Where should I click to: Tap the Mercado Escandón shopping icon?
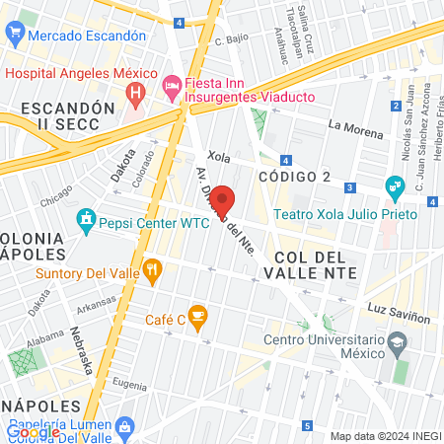[15, 35]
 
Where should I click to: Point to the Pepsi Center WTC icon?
[86, 218]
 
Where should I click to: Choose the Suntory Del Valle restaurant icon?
[152, 267]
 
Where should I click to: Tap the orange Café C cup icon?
[197, 318]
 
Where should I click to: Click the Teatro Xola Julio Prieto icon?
[395, 185]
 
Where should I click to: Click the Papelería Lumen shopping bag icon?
[124, 425]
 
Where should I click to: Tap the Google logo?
[34, 431]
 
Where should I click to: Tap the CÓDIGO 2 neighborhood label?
[294, 176]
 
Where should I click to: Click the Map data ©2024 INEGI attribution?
[385, 436]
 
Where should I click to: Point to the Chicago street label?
[56, 200]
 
